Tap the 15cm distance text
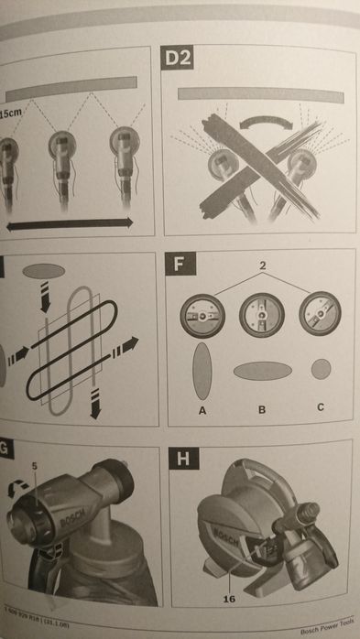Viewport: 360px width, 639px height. pos(12,112)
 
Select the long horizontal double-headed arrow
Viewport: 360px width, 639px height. pos(70,222)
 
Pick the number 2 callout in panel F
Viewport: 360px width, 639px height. pos(262,265)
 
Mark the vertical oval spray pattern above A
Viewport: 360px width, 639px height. pos(202,372)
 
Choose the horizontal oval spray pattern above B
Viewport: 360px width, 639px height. pos(262,371)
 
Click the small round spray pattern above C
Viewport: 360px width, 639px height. pos(321,369)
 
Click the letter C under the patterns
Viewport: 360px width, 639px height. pos(321,409)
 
